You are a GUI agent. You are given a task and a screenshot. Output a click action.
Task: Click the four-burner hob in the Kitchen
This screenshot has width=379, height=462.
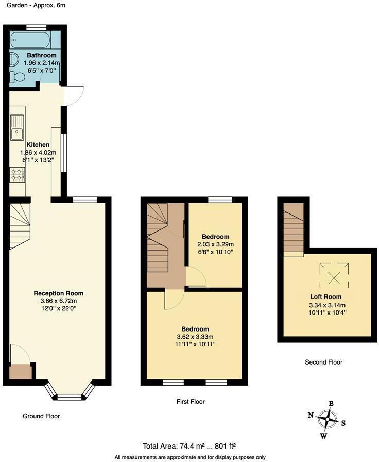(x=16, y=175)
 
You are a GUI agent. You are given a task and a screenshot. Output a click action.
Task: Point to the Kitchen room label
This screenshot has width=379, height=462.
(x=38, y=145)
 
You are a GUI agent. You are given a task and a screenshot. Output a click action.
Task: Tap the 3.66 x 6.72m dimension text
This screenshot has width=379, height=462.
(x=58, y=301)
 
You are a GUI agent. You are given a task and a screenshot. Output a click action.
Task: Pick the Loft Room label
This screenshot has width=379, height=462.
(x=325, y=297)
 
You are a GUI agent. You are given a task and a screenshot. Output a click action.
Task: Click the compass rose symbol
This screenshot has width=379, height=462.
(x=327, y=419)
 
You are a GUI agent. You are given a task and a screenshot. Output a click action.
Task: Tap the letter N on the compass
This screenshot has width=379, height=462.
(x=311, y=415)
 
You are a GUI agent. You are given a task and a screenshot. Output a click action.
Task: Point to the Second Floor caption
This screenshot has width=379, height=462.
(x=323, y=362)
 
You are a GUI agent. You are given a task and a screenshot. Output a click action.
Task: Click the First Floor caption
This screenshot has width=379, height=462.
(x=191, y=401)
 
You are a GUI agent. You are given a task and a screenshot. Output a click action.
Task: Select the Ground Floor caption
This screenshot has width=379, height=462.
(x=42, y=416)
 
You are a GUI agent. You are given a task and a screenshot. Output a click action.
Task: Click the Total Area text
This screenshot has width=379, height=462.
(x=189, y=447)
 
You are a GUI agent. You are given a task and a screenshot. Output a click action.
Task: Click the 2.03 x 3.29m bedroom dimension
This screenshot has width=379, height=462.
(x=215, y=244)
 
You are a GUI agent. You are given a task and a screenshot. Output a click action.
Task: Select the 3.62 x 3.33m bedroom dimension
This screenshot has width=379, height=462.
(x=195, y=337)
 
